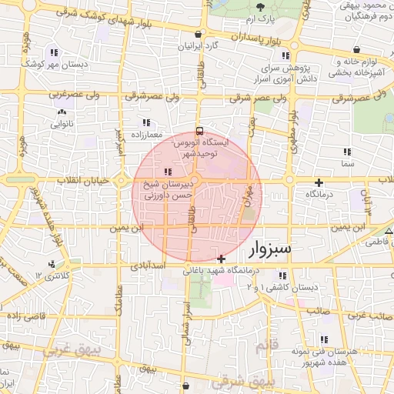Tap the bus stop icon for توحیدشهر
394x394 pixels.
tap(200, 131)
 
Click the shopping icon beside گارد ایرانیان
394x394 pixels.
tap(200, 34)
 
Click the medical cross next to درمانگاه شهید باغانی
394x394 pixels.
tap(222, 258)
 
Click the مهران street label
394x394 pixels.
tap(247, 203)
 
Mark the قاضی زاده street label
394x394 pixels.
tap(25, 316)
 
